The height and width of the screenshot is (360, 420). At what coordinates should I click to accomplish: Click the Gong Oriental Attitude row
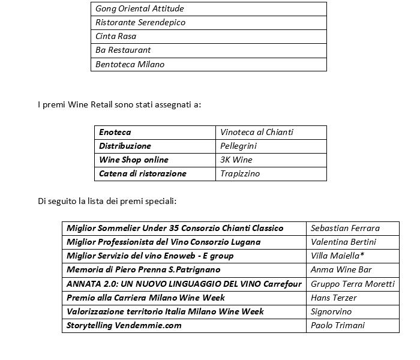(140, 9)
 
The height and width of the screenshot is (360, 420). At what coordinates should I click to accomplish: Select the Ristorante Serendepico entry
(140, 23)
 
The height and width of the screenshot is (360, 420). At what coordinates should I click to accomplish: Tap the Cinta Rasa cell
(116, 37)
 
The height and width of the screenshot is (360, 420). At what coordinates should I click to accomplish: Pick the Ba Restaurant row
(123, 50)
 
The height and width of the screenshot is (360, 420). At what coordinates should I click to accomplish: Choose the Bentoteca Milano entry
(130, 64)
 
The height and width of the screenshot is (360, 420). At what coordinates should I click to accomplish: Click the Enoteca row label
(115, 132)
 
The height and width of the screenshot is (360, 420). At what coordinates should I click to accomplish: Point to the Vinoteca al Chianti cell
(257, 132)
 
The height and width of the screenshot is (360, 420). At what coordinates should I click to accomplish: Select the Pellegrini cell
(238, 146)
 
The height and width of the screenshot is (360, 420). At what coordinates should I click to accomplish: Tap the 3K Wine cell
(236, 160)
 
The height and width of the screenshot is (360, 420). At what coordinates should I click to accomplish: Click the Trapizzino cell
(240, 173)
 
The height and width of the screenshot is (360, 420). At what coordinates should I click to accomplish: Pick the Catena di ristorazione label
(143, 173)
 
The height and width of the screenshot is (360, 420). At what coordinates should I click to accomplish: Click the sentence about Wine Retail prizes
(119, 105)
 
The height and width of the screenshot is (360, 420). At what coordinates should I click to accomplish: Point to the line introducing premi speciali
(107, 201)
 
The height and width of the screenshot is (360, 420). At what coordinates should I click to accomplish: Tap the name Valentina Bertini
(343, 242)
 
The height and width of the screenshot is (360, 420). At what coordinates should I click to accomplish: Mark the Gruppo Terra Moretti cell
(353, 284)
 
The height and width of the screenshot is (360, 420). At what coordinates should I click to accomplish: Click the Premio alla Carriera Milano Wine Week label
(146, 298)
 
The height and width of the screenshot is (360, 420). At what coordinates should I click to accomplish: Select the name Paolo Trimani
(338, 325)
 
